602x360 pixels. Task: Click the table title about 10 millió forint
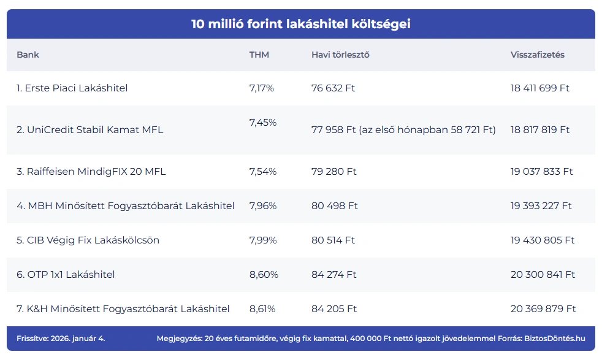[300, 24]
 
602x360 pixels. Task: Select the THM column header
[259, 55]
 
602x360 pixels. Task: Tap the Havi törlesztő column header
[340, 55]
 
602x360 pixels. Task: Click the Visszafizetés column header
[537, 55]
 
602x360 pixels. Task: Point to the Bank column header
[28, 55]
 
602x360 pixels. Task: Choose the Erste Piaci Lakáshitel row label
[72, 88]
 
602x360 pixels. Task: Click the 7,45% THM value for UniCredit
[263, 123]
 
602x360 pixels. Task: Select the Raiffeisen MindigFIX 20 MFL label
[91, 172]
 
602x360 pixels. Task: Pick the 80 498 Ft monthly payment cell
[334, 206]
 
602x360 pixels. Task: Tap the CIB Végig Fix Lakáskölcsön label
[88, 240]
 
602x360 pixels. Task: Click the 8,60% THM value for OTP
[264, 275]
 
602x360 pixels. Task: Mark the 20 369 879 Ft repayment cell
[543, 309]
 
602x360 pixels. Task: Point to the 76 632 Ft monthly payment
[333, 88]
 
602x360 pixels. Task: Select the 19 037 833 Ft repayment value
[541, 172]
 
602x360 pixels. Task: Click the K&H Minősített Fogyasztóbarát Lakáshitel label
[123, 309]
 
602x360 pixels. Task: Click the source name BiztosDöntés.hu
[555, 338]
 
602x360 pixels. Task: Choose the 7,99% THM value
[262, 240]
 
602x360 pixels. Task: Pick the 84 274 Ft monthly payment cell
[334, 275]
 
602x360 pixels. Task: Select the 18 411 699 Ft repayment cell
[540, 88]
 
